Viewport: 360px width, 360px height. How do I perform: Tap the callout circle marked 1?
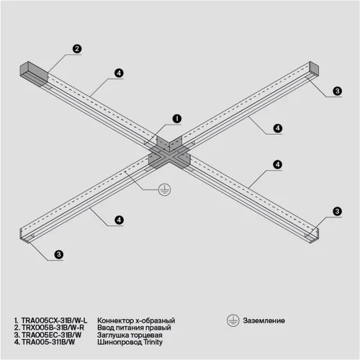click(x=177, y=118)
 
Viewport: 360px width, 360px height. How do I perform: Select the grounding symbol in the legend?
click(x=233, y=320)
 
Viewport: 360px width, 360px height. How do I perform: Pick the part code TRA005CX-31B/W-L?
click(x=54, y=320)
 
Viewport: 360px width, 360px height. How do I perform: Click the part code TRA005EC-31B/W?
click(x=51, y=336)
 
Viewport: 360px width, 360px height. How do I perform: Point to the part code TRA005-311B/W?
click(x=49, y=343)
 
